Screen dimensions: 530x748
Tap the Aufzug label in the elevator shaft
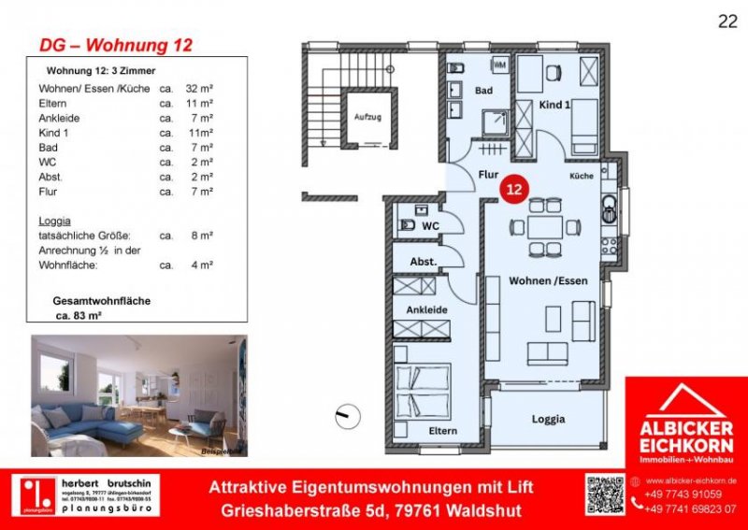pyautogui.click(x=367, y=117)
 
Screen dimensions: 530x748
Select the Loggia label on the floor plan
pyautogui.click(x=549, y=419)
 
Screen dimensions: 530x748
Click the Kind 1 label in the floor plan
pyautogui.click(x=555, y=106)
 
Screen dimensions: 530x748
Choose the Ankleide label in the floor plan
pyautogui.click(x=425, y=309)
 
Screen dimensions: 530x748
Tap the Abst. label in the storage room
pyautogui.click(x=423, y=262)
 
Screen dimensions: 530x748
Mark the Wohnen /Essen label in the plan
pyautogui.click(x=541, y=280)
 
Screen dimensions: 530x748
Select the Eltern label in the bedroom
pyautogui.click(x=443, y=430)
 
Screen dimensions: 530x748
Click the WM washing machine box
pyautogui.click(x=500, y=64)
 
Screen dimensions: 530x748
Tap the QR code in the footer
pyautogui.click(x=604, y=494)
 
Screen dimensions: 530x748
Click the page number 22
pyautogui.click(x=726, y=22)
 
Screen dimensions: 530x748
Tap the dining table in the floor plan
pyautogui.click(x=541, y=226)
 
